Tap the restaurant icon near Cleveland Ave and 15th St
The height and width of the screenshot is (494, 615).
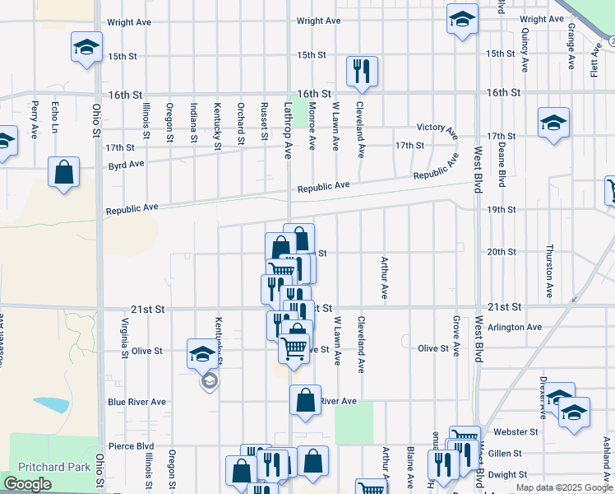(362, 72)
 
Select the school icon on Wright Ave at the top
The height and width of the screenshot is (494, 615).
(462, 20)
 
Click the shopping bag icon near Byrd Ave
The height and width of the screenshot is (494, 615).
(64, 173)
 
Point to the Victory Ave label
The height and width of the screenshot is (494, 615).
(437, 128)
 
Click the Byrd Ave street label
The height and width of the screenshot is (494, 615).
(126, 164)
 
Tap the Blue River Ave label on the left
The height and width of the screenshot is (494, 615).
(136, 402)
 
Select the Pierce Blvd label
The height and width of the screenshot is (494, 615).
(131, 446)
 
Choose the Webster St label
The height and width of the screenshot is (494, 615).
(516, 431)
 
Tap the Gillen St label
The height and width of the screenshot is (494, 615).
(505, 453)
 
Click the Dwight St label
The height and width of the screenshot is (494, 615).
(507, 474)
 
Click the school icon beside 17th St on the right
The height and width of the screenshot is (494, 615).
(553, 123)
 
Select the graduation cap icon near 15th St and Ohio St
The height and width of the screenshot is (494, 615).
(86, 48)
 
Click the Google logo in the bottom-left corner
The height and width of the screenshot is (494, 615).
(27, 484)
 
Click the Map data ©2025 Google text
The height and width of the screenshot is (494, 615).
(564, 487)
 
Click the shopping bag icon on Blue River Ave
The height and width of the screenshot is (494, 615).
(305, 401)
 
